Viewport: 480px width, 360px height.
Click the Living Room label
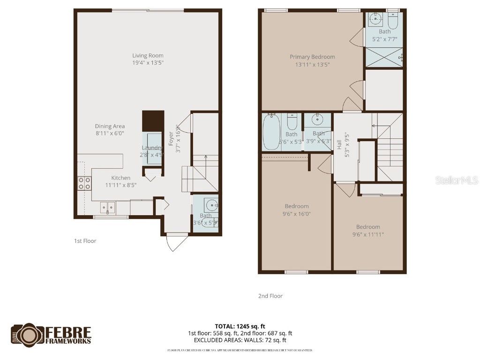(x=148, y=56)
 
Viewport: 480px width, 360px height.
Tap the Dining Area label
(x=110, y=126)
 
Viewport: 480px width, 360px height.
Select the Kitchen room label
(x=120, y=178)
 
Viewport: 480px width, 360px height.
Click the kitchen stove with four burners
(x=84, y=183)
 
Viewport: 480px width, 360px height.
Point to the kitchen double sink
(x=107, y=207)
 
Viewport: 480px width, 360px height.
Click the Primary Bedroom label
(x=312, y=57)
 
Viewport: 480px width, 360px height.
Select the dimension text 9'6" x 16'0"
(x=297, y=214)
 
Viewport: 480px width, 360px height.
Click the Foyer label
(x=171, y=140)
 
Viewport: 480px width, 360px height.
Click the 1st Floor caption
(x=85, y=241)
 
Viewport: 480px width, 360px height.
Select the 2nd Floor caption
(x=270, y=296)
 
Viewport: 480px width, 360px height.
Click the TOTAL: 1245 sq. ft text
(x=240, y=326)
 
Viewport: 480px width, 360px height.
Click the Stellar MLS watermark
(x=457, y=180)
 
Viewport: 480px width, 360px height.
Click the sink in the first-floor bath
(x=212, y=205)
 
